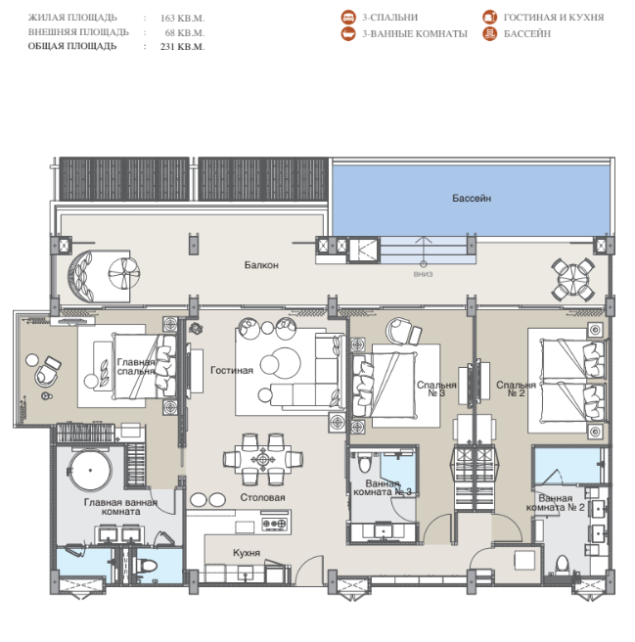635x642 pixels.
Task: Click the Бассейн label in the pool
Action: [x=472, y=198]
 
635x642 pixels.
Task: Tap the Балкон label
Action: [x=261, y=265]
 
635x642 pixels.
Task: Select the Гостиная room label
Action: [x=232, y=370]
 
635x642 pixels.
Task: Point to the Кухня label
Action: [x=247, y=553]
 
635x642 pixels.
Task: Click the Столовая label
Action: [x=262, y=497]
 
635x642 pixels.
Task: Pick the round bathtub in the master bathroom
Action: [x=90, y=470]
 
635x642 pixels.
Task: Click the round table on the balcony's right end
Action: [x=573, y=279]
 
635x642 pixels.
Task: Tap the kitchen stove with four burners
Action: [x=274, y=524]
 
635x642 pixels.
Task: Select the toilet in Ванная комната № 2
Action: [x=563, y=565]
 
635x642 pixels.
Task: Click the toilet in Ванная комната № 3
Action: [x=364, y=462]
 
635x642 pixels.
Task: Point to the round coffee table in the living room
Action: [x=281, y=363]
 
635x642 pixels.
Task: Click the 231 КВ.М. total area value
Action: [x=182, y=47]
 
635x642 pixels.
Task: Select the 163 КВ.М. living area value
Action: [x=182, y=19]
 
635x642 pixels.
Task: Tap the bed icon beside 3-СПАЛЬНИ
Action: [x=348, y=18]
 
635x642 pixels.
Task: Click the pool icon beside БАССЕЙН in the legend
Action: [x=489, y=34]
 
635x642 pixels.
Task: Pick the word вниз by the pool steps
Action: [x=423, y=274]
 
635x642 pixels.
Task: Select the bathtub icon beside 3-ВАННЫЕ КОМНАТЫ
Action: [x=348, y=34]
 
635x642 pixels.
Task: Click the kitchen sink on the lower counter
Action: [x=246, y=573]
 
